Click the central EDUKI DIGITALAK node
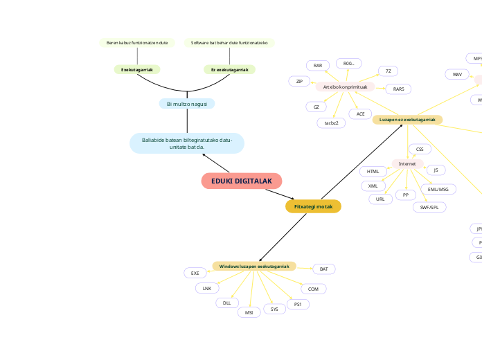242,181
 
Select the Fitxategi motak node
313,206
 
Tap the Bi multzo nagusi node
187,104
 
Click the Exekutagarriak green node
137,69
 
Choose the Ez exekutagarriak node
229,69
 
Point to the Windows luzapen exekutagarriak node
254,266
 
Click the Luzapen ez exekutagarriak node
407,120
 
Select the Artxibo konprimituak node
345,87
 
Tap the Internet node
407,163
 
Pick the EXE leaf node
195,273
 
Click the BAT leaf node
323,269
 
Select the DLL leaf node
226,303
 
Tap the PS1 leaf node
298,304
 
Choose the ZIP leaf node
299,81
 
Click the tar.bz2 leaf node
331,123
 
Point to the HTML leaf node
373,171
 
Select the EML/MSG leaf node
438,189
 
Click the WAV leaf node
456,74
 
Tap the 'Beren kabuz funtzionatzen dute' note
137,43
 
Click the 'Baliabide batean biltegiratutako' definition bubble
187,143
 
